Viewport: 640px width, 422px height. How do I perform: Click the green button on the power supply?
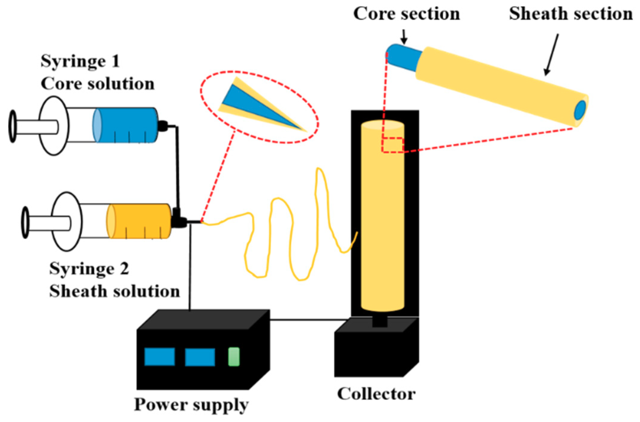tap(234, 357)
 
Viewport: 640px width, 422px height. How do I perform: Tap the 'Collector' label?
tap(376, 394)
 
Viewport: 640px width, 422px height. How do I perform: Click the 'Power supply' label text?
tap(191, 405)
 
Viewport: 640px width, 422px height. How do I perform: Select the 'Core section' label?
tap(406, 14)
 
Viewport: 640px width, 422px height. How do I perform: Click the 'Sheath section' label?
tap(570, 14)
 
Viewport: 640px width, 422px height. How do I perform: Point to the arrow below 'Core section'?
tap(404, 37)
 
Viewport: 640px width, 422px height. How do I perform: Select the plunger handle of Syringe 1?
tap(13, 126)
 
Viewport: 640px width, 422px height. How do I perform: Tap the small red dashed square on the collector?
tap(392, 145)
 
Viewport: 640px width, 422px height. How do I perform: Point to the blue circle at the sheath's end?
tap(580, 110)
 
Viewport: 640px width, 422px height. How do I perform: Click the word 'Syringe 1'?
tap(80, 61)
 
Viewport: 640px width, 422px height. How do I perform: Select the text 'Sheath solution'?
tap(114, 291)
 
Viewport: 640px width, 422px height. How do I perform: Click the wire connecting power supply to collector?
tap(309, 320)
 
